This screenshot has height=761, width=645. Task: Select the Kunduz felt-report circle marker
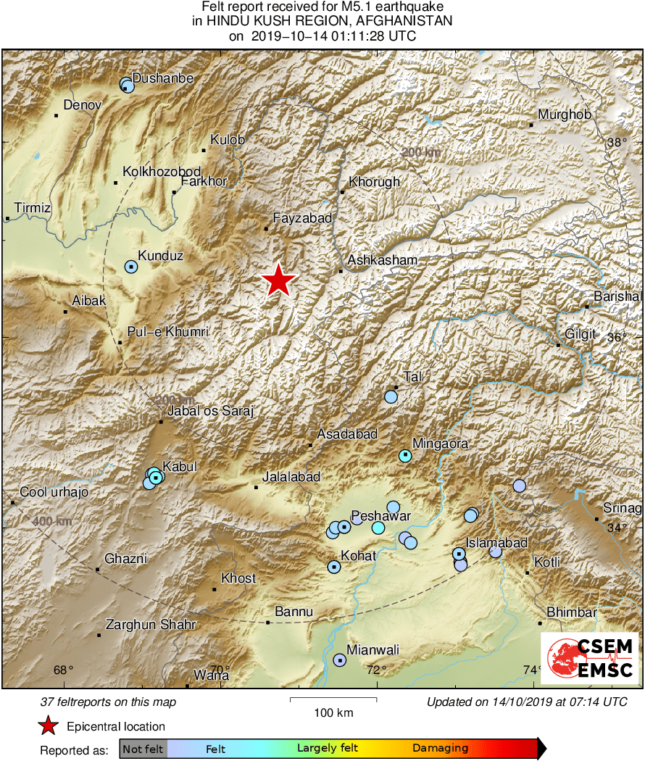[x=130, y=267]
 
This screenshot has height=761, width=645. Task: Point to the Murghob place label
[x=565, y=115]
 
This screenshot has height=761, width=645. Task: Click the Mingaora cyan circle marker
[x=405, y=456]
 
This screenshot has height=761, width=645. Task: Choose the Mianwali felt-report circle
[x=339, y=660]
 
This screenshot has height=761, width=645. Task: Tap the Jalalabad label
[x=291, y=477]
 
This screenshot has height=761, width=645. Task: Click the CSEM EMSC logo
[x=589, y=657]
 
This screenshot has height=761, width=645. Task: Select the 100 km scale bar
[x=333, y=699]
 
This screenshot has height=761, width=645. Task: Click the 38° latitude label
[x=617, y=143]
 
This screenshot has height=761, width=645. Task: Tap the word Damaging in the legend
[x=441, y=748]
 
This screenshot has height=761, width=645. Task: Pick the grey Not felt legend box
[x=143, y=748]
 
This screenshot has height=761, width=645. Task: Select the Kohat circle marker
[x=333, y=567]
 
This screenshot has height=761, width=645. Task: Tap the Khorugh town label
[x=374, y=182]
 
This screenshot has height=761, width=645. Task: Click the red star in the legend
[x=48, y=725]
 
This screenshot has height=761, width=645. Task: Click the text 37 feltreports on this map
[x=108, y=702]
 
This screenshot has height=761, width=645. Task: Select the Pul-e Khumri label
[x=167, y=332]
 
